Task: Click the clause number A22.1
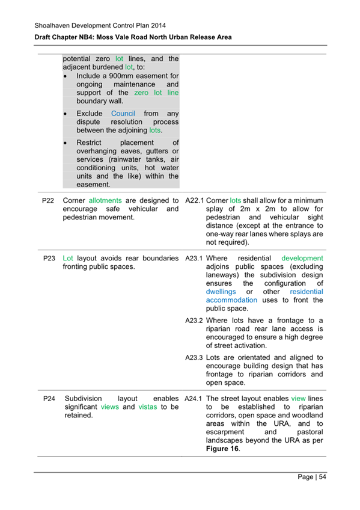[194, 200]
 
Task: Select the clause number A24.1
[195, 399]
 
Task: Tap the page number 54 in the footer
[322, 478]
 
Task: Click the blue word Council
[123, 113]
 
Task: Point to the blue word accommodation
[231, 300]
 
